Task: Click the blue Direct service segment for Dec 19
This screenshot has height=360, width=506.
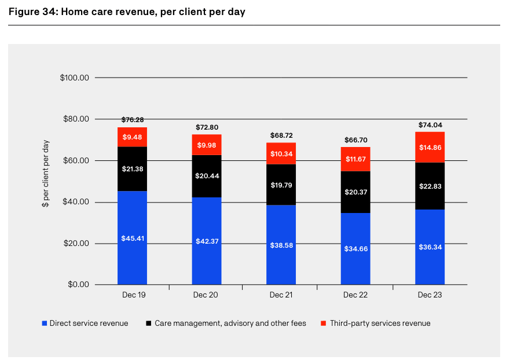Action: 132,237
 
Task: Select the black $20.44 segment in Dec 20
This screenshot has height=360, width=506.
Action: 207,176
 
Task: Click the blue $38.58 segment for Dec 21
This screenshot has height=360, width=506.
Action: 281,245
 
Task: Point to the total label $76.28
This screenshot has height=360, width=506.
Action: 133,120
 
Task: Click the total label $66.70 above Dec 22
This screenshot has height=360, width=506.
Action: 355,139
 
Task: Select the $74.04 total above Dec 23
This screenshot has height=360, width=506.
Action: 430,124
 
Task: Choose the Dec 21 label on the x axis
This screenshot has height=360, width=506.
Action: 281,295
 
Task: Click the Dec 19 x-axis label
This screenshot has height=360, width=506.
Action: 133,295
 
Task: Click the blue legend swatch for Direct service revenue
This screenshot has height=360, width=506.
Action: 44,323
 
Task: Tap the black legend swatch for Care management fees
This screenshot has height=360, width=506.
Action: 149,323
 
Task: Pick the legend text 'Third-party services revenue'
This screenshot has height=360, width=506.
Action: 380,323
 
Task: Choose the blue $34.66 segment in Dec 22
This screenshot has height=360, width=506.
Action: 355,249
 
